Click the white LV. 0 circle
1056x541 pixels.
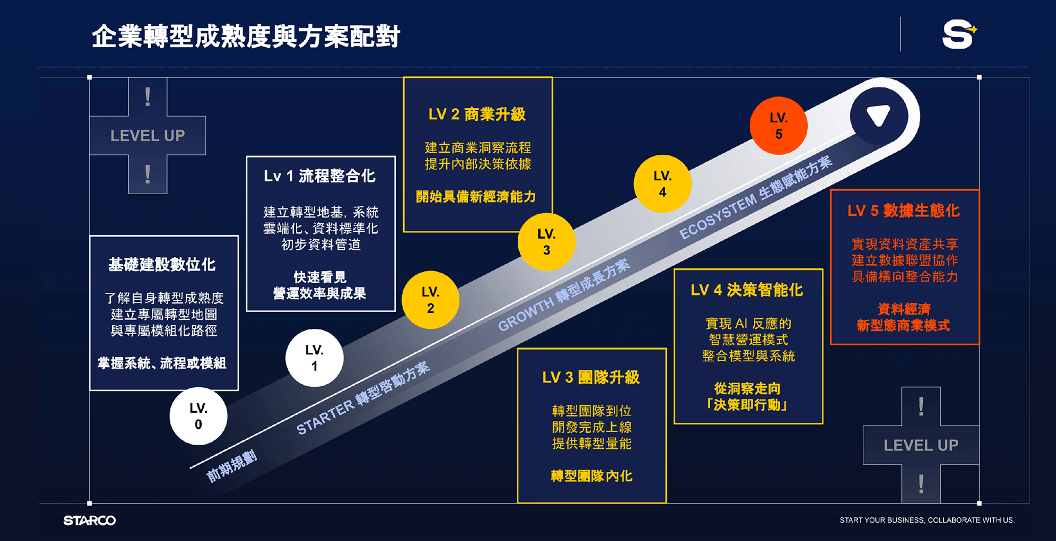click(198, 416)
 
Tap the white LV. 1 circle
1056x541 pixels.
click(314, 358)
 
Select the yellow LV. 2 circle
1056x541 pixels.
click(431, 300)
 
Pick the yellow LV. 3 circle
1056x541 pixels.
click(547, 242)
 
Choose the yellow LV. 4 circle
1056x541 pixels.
click(662, 184)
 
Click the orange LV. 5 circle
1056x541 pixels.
click(778, 125)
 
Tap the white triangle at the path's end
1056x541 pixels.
click(878, 116)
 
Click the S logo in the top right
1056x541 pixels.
click(959, 34)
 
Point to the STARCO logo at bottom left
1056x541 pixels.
click(90, 520)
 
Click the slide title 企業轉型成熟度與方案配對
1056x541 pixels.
click(246, 37)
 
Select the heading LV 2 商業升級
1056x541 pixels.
click(477, 115)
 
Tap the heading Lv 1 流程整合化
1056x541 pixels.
click(320, 176)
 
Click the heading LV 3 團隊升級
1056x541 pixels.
click(591, 377)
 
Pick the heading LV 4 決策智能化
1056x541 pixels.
click(747, 290)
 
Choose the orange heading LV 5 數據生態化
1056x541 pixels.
click(904, 211)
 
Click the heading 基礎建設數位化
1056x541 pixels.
click(162, 265)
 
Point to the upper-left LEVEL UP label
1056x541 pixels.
click(147, 136)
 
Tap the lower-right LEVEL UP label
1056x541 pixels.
click(921, 445)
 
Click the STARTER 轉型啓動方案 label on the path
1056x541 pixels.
click(363, 398)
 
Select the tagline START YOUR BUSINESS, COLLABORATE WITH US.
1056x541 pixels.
click(927, 520)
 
